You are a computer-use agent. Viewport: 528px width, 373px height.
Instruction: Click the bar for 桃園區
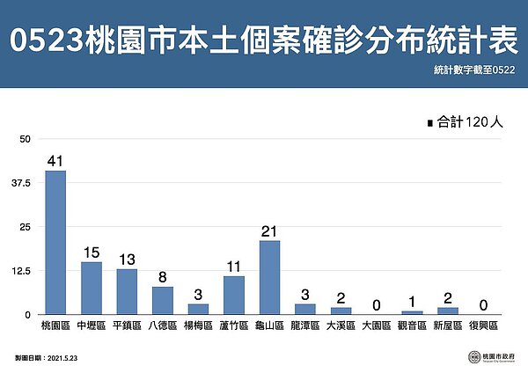(55, 242)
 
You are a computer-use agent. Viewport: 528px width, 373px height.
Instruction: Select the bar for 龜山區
(269, 277)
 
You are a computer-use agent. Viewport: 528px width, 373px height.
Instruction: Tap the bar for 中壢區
(92, 288)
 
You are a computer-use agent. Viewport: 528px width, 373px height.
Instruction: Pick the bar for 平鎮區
(127, 291)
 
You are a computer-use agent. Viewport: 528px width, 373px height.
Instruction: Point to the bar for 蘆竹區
(233, 295)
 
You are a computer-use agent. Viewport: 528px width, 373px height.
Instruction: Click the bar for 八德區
(162, 300)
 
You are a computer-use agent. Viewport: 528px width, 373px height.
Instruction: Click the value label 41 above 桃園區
(55, 160)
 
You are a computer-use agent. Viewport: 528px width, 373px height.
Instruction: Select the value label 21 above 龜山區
(269, 230)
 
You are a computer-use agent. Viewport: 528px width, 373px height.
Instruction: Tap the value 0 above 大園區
(376, 304)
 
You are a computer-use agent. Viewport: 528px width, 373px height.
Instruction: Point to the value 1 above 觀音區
(411, 301)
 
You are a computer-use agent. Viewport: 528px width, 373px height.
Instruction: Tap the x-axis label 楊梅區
(198, 325)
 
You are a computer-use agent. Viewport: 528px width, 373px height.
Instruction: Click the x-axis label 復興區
(482, 325)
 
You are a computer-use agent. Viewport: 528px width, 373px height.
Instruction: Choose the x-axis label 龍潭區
(304, 325)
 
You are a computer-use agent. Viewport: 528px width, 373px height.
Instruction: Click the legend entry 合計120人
(464, 123)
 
